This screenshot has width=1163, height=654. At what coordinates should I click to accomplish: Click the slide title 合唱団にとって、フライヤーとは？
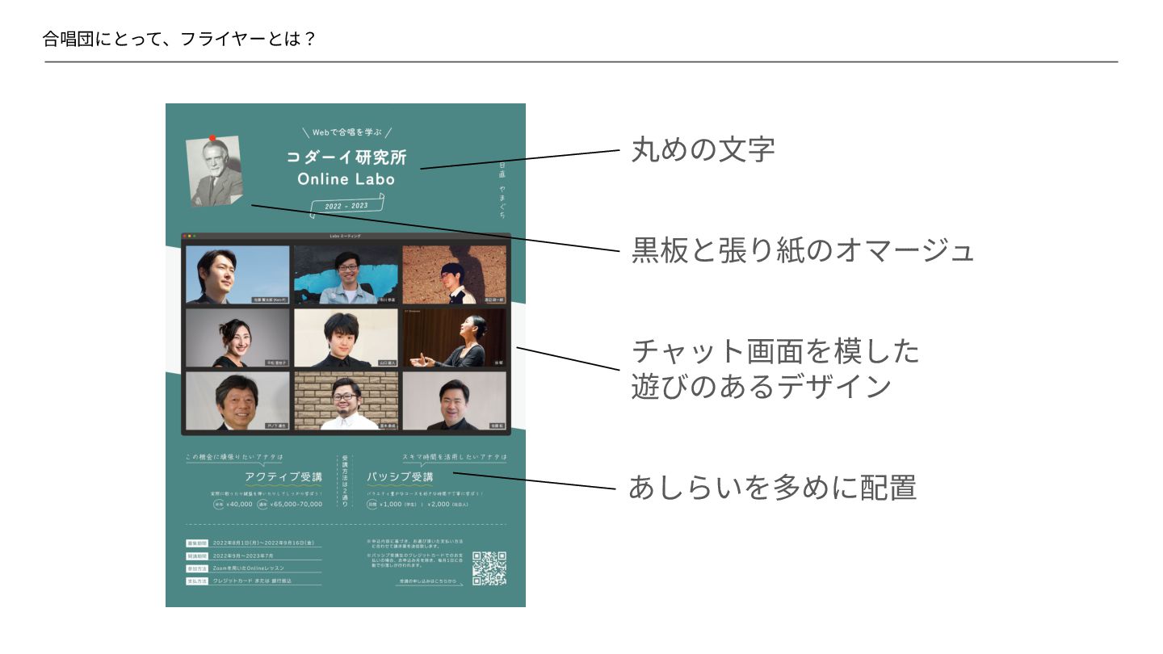(x=178, y=39)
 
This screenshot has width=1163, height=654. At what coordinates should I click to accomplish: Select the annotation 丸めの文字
(x=702, y=149)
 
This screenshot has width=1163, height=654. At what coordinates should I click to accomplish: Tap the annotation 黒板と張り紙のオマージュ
(x=802, y=250)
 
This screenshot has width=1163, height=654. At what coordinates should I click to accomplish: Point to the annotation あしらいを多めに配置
(x=772, y=488)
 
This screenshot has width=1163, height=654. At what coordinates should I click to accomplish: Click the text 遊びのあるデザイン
(x=761, y=387)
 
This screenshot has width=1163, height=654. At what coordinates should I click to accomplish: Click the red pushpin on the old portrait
(x=212, y=138)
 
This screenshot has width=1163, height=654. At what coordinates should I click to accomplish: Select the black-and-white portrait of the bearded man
(x=215, y=171)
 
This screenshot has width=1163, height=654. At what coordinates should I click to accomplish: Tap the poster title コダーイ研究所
(x=345, y=157)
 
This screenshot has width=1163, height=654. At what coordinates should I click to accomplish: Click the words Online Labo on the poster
(x=346, y=179)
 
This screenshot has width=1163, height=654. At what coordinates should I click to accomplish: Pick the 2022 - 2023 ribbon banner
(x=347, y=206)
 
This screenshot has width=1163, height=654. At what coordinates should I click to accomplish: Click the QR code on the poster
(x=489, y=568)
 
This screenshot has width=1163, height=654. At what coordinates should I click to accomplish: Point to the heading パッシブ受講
(x=400, y=476)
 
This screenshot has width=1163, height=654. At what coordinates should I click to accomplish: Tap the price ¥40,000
(x=239, y=504)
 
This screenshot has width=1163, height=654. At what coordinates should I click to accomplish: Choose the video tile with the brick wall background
(x=346, y=400)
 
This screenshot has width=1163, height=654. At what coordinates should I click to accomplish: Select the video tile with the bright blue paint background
(x=346, y=275)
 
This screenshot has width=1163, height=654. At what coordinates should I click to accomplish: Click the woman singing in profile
(x=455, y=337)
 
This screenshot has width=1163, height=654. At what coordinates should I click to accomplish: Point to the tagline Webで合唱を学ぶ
(x=346, y=132)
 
